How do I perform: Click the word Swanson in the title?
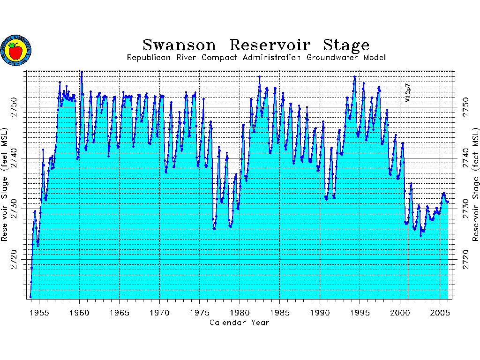pos(180,45)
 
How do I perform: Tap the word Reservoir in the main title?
pos(270,45)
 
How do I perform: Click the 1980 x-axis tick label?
pos(240,313)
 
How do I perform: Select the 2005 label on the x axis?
pos(440,313)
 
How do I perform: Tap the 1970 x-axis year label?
pos(159,313)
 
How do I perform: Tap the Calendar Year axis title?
pos(240,322)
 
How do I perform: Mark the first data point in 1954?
pos(30,297)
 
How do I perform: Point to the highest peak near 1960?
pos(82,72)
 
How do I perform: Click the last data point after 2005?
pos(448,202)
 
